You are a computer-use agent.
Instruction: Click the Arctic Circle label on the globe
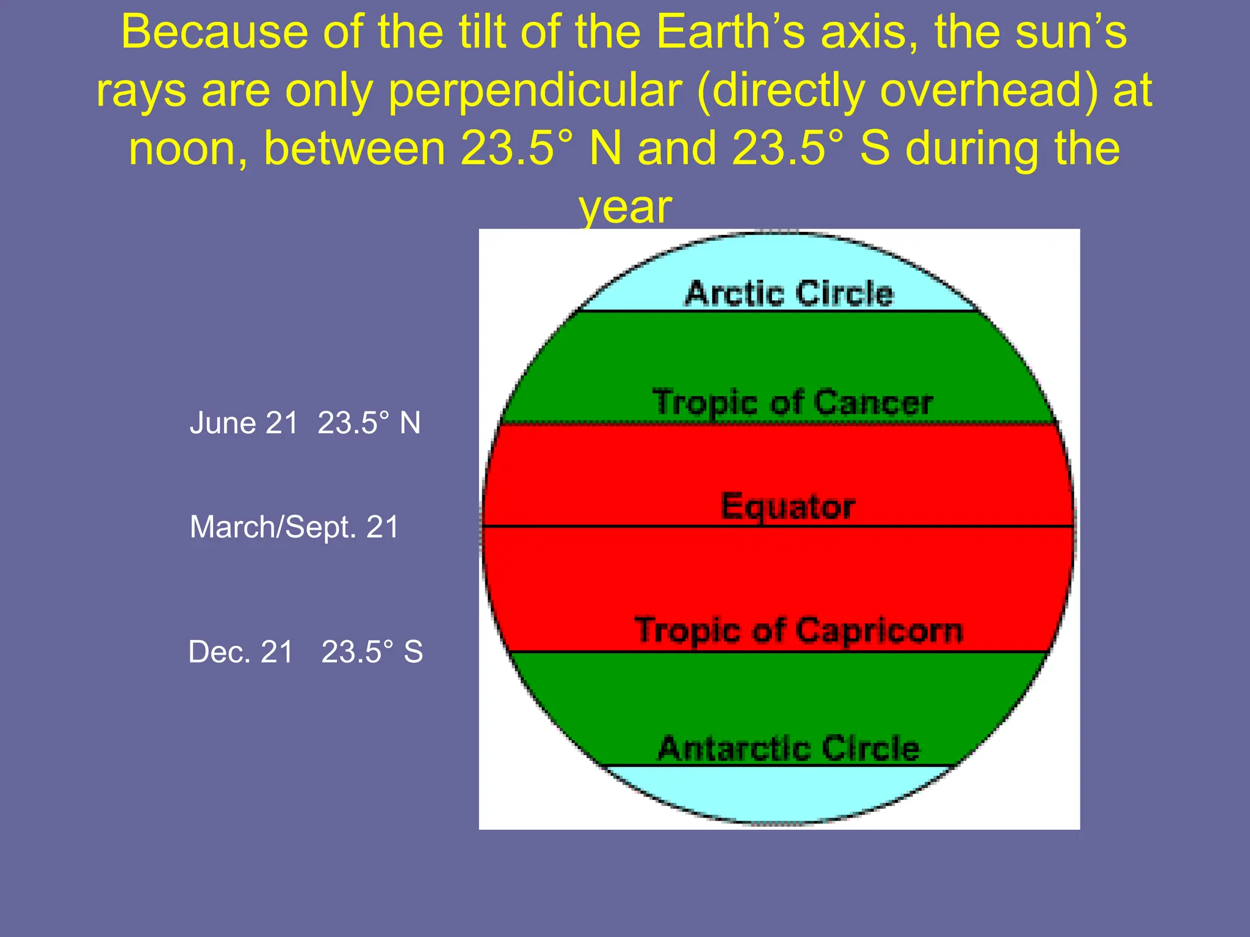789,293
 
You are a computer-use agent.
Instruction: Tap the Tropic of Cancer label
792,403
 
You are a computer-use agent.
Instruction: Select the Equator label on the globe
787,506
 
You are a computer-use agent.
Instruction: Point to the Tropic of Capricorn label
798,630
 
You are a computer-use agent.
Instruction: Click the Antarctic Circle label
789,748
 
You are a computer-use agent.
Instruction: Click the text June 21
244,423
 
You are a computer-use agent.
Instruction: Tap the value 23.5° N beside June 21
369,423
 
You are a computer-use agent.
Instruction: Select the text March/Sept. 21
294,526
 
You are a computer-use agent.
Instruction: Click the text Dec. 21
240,652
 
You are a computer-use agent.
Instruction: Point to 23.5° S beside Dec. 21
372,652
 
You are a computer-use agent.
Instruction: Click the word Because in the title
214,32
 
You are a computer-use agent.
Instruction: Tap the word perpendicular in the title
535,90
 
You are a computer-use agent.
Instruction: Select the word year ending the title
625,207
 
